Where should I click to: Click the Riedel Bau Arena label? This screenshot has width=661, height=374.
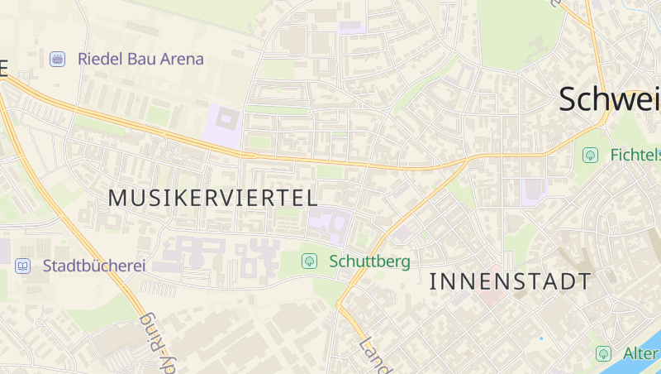[140, 59]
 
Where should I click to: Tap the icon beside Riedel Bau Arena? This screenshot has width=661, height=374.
[58, 59]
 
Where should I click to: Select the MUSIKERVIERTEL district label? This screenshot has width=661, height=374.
[213, 198]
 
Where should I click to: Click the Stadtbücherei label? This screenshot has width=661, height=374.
[94, 266]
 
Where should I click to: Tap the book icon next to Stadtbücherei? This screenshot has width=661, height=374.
[23, 266]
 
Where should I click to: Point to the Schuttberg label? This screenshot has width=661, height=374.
[369, 261]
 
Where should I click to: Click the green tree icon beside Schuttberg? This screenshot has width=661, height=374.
[309, 261]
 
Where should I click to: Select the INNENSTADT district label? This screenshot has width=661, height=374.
[511, 281]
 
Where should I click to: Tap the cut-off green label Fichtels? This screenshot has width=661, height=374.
[635, 155]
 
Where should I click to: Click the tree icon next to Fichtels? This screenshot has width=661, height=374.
[590, 155]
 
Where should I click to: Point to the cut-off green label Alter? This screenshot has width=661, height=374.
[640, 353]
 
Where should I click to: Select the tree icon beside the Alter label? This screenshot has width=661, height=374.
[604, 353]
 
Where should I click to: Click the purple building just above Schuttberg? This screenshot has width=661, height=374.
[330, 223]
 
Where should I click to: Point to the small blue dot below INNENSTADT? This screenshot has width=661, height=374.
[541, 338]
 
